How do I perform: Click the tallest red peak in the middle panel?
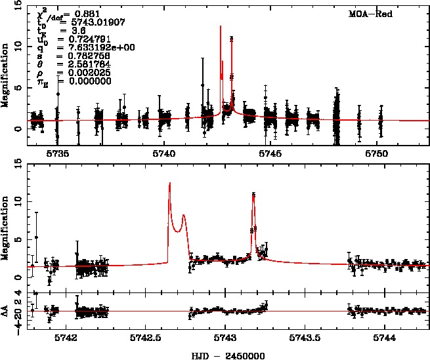click(169, 184)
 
